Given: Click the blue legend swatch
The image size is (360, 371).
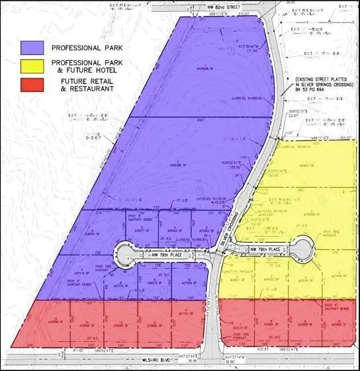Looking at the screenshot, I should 32,48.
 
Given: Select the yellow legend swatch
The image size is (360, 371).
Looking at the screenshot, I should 32,66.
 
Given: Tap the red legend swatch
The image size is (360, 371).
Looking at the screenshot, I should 32,85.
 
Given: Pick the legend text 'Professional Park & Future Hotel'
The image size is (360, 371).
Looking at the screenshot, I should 86,66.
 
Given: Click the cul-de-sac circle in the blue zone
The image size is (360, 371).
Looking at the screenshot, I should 124,253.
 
